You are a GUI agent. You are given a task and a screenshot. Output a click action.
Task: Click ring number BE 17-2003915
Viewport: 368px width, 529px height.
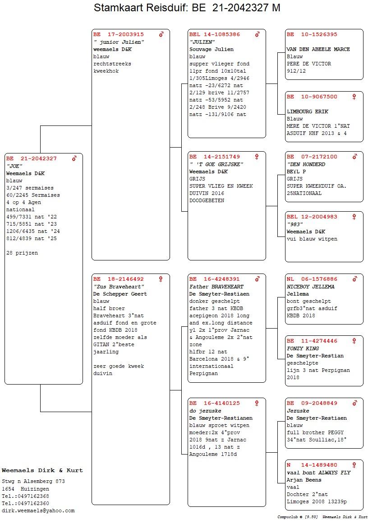click(x=118, y=34)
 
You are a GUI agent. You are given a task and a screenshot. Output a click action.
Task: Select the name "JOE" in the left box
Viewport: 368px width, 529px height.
click(x=14, y=166)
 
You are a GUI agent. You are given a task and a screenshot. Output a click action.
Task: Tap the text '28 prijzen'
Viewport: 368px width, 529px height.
click(x=22, y=253)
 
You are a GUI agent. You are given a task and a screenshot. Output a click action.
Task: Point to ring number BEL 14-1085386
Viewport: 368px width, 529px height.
click(x=215, y=34)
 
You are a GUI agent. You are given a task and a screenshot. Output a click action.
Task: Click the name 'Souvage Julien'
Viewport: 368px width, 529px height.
click(x=212, y=49)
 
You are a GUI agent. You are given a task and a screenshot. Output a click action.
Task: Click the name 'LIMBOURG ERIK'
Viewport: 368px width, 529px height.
click(x=307, y=111)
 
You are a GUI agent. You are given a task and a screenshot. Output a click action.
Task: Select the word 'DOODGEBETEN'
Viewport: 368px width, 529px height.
click(x=207, y=200)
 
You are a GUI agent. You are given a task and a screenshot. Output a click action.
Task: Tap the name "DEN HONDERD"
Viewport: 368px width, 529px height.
click(x=306, y=164)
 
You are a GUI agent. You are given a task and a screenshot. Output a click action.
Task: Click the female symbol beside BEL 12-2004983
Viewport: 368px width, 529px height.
click(x=354, y=217)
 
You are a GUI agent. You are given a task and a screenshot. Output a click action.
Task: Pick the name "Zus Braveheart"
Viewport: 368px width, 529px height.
click(x=119, y=287)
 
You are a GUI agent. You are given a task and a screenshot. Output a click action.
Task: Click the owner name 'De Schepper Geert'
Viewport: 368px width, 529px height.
click(x=120, y=294)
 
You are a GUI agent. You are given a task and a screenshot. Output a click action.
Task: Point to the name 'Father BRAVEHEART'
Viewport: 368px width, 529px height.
click(x=216, y=287)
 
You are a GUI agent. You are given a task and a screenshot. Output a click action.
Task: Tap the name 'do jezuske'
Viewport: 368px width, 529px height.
click(x=205, y=411)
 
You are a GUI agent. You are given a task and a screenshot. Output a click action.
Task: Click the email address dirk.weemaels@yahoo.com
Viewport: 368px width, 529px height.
click(x=38, y=511)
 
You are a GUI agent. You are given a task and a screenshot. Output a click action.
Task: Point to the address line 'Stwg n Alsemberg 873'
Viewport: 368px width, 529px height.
click(x=33, y=482)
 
